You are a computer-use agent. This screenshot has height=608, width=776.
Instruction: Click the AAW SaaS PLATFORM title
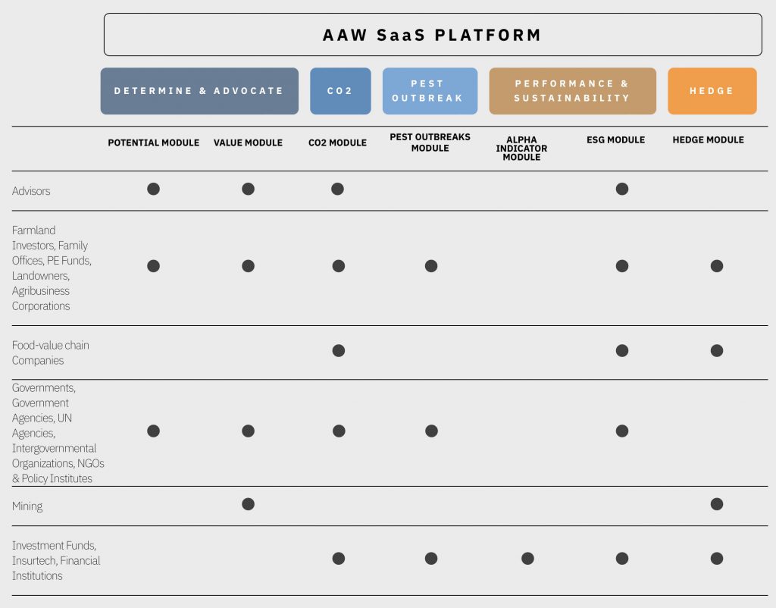click(x=432, y=35)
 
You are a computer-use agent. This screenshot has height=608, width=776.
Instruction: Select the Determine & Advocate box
click(x=199, y=91)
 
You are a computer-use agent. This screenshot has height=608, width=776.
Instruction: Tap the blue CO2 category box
click(x=340, y=91)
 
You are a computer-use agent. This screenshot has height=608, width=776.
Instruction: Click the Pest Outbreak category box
click(x=430, y=91)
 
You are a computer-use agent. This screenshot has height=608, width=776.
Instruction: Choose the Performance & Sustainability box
click(x=573, y=91)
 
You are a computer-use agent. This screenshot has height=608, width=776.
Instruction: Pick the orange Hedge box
click(x=712, y=91)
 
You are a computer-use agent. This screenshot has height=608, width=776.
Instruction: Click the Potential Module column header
click(x=153, y=143)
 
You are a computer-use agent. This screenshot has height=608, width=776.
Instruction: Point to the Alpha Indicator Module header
click(x=521, y=149)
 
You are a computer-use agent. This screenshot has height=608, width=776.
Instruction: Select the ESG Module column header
click(x=615, y=140)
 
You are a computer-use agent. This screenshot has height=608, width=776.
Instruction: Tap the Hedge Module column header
click(x=709, y=140)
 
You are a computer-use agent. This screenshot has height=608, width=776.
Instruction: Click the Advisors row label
click(x=31, y=190)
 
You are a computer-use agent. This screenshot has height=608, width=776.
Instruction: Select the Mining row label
click(x=27, y=506)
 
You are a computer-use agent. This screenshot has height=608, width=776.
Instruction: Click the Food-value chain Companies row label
click(x=51, y=353)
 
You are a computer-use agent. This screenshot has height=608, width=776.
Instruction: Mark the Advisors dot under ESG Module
click(x=622, y=189)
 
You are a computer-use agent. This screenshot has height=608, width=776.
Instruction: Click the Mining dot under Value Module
click(x=248, y=504)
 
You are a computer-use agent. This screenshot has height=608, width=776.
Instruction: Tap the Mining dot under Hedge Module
click(x=717, y=504)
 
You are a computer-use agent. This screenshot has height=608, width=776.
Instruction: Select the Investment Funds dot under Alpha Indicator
click(x=527, y=559)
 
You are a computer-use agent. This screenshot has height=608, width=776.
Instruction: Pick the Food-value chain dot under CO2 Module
click(x=339, y=350)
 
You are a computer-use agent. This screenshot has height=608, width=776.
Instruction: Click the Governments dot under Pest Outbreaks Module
click(x=431, y=431)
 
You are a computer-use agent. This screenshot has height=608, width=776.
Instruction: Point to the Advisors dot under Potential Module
click(x=153, y=189)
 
